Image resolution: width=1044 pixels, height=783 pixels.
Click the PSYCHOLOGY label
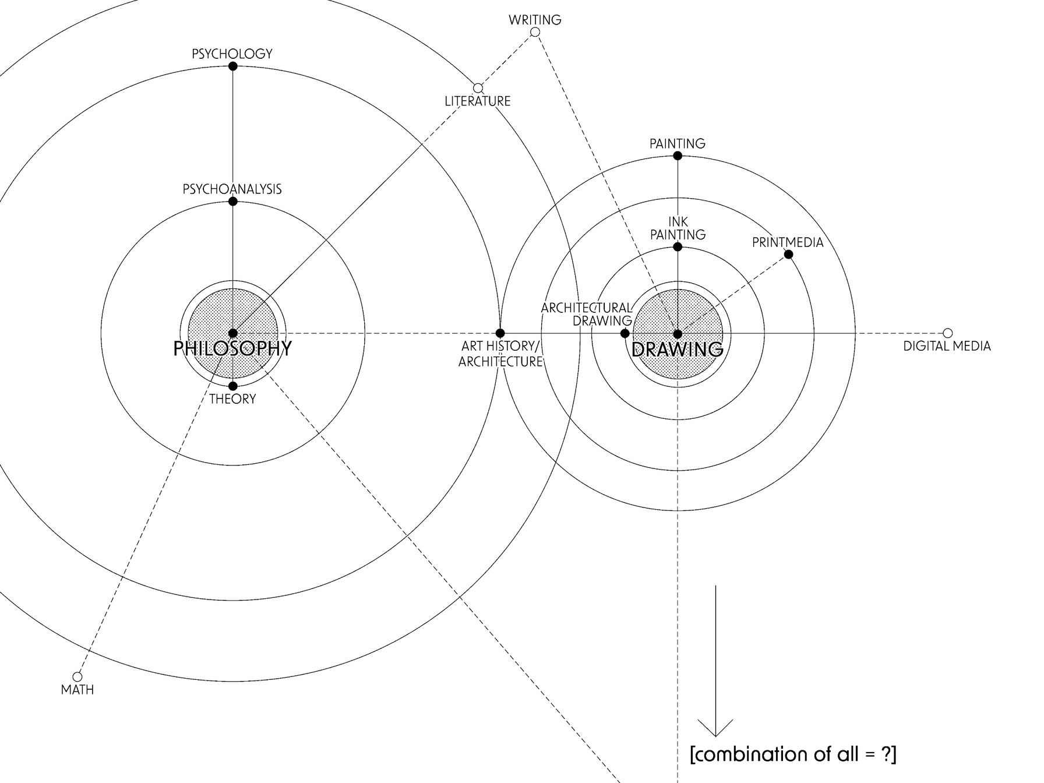[x=232, y=54]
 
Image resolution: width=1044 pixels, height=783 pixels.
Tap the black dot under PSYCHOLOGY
[x=233, y=66]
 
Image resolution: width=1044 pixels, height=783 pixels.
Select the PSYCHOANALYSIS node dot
[x=233, y=202]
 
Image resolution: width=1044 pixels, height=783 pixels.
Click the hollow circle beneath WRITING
[x=535, y=32]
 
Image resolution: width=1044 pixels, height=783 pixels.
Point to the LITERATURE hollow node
[x=478, y=88]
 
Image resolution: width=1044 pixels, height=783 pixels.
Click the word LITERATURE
[x=478, y=101]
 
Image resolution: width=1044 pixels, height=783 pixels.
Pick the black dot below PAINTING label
[x=678, y=156]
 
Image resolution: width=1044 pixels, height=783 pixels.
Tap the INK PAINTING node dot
[x=678, y=247]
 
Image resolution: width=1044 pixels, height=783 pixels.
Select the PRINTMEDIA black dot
[x=789, y=255]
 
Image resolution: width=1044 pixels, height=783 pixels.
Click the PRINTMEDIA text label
[x=788, y=242]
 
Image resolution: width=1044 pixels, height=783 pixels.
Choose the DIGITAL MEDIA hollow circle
[x=948, y=333]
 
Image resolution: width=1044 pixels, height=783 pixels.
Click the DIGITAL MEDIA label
[x=947, y=346]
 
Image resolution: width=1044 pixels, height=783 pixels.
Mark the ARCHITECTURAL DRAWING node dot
[x=625, y=334]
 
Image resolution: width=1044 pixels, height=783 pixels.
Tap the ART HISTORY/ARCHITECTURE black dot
[x=500, y=333]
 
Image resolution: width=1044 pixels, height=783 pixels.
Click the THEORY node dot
[x=233, y=386]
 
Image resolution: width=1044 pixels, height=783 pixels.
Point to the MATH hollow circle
[x=77, y=677]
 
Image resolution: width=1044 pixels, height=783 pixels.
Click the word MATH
[x=77, y=690]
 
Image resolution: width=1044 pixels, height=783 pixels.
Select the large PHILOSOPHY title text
[x=232, y=348]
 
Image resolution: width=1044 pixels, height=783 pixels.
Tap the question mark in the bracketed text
[x=884, y=754]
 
